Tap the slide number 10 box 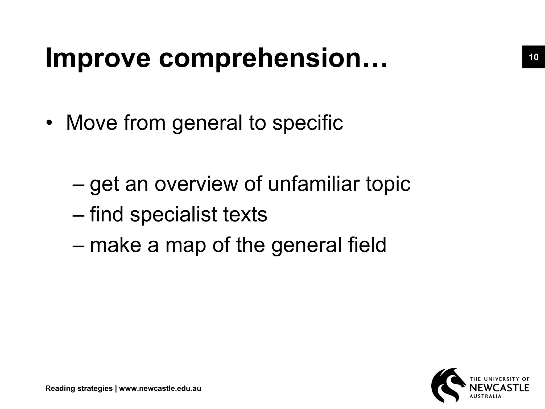coord(533,57)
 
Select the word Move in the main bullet coord(92,123)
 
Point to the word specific coord(308,123)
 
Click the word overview coord(196,184)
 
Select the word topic coord(388,185)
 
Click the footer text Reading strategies coord(79,388)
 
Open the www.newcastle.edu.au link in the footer coord(160,388)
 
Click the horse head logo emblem coord(447,385)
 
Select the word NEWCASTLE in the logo coord(499,388)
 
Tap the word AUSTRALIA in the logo coord(486,396)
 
